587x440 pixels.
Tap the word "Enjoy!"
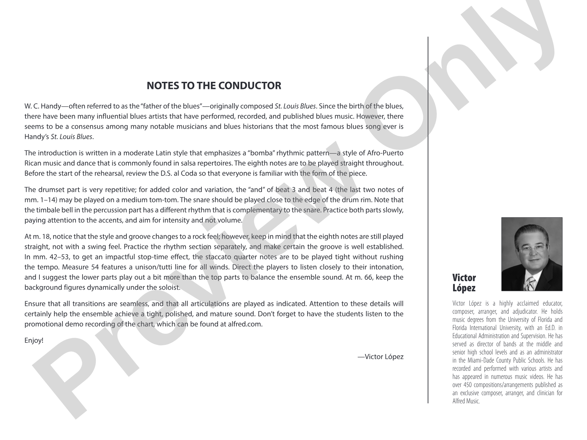pos(34,340)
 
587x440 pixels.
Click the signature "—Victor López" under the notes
pos(380,356)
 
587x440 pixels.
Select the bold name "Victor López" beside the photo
pos(464,283)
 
